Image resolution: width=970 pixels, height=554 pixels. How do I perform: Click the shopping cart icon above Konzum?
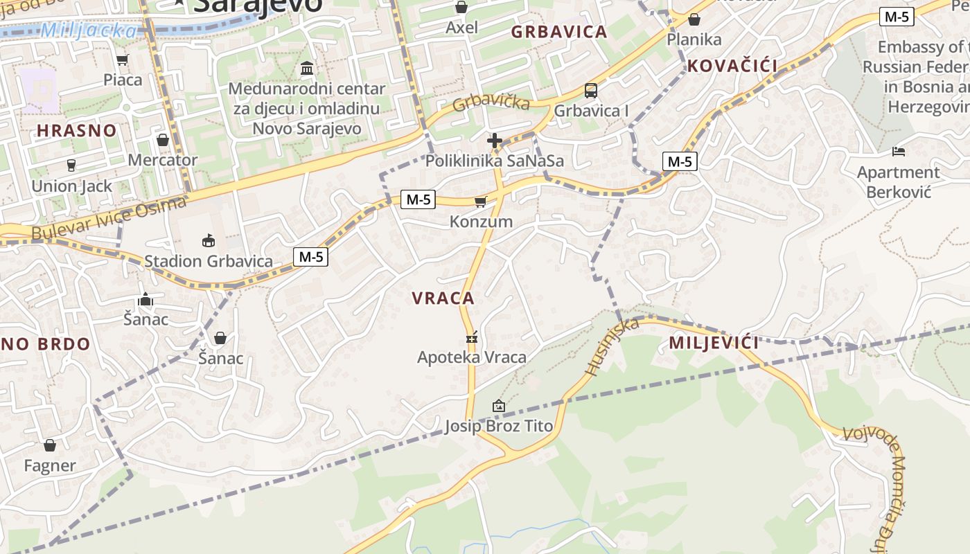[480, 202]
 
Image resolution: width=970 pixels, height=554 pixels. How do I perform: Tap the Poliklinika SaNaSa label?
[494, 161]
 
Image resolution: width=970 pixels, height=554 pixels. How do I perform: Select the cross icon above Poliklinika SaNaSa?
[494, 141]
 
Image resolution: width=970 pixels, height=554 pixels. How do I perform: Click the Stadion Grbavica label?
[208, 261]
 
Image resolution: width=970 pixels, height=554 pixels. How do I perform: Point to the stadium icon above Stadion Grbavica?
[208, 240]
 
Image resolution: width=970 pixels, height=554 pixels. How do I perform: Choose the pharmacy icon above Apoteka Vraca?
[473, 338]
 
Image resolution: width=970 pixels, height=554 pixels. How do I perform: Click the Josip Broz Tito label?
[499, 426]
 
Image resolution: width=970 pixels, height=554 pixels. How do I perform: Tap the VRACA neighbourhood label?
[443, 298]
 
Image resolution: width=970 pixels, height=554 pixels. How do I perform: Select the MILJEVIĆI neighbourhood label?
[714, 343]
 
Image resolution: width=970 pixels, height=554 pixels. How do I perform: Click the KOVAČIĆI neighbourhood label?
[732, 66]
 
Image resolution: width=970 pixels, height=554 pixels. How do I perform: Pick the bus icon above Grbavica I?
[591, 90]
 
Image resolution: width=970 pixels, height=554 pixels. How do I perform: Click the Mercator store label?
[163, 160]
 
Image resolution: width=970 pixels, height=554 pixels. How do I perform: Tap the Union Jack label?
[71, 186]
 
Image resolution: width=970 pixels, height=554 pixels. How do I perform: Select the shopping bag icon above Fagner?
[50, 445]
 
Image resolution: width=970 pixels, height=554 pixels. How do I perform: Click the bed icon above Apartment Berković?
[899, 152]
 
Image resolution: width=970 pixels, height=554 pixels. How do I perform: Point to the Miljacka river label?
[89, 30]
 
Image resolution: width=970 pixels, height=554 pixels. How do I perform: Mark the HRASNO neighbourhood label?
[77, 131]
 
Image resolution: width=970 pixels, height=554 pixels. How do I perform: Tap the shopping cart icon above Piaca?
[123, 60]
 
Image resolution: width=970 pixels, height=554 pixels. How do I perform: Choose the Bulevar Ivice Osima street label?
[109, 219]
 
